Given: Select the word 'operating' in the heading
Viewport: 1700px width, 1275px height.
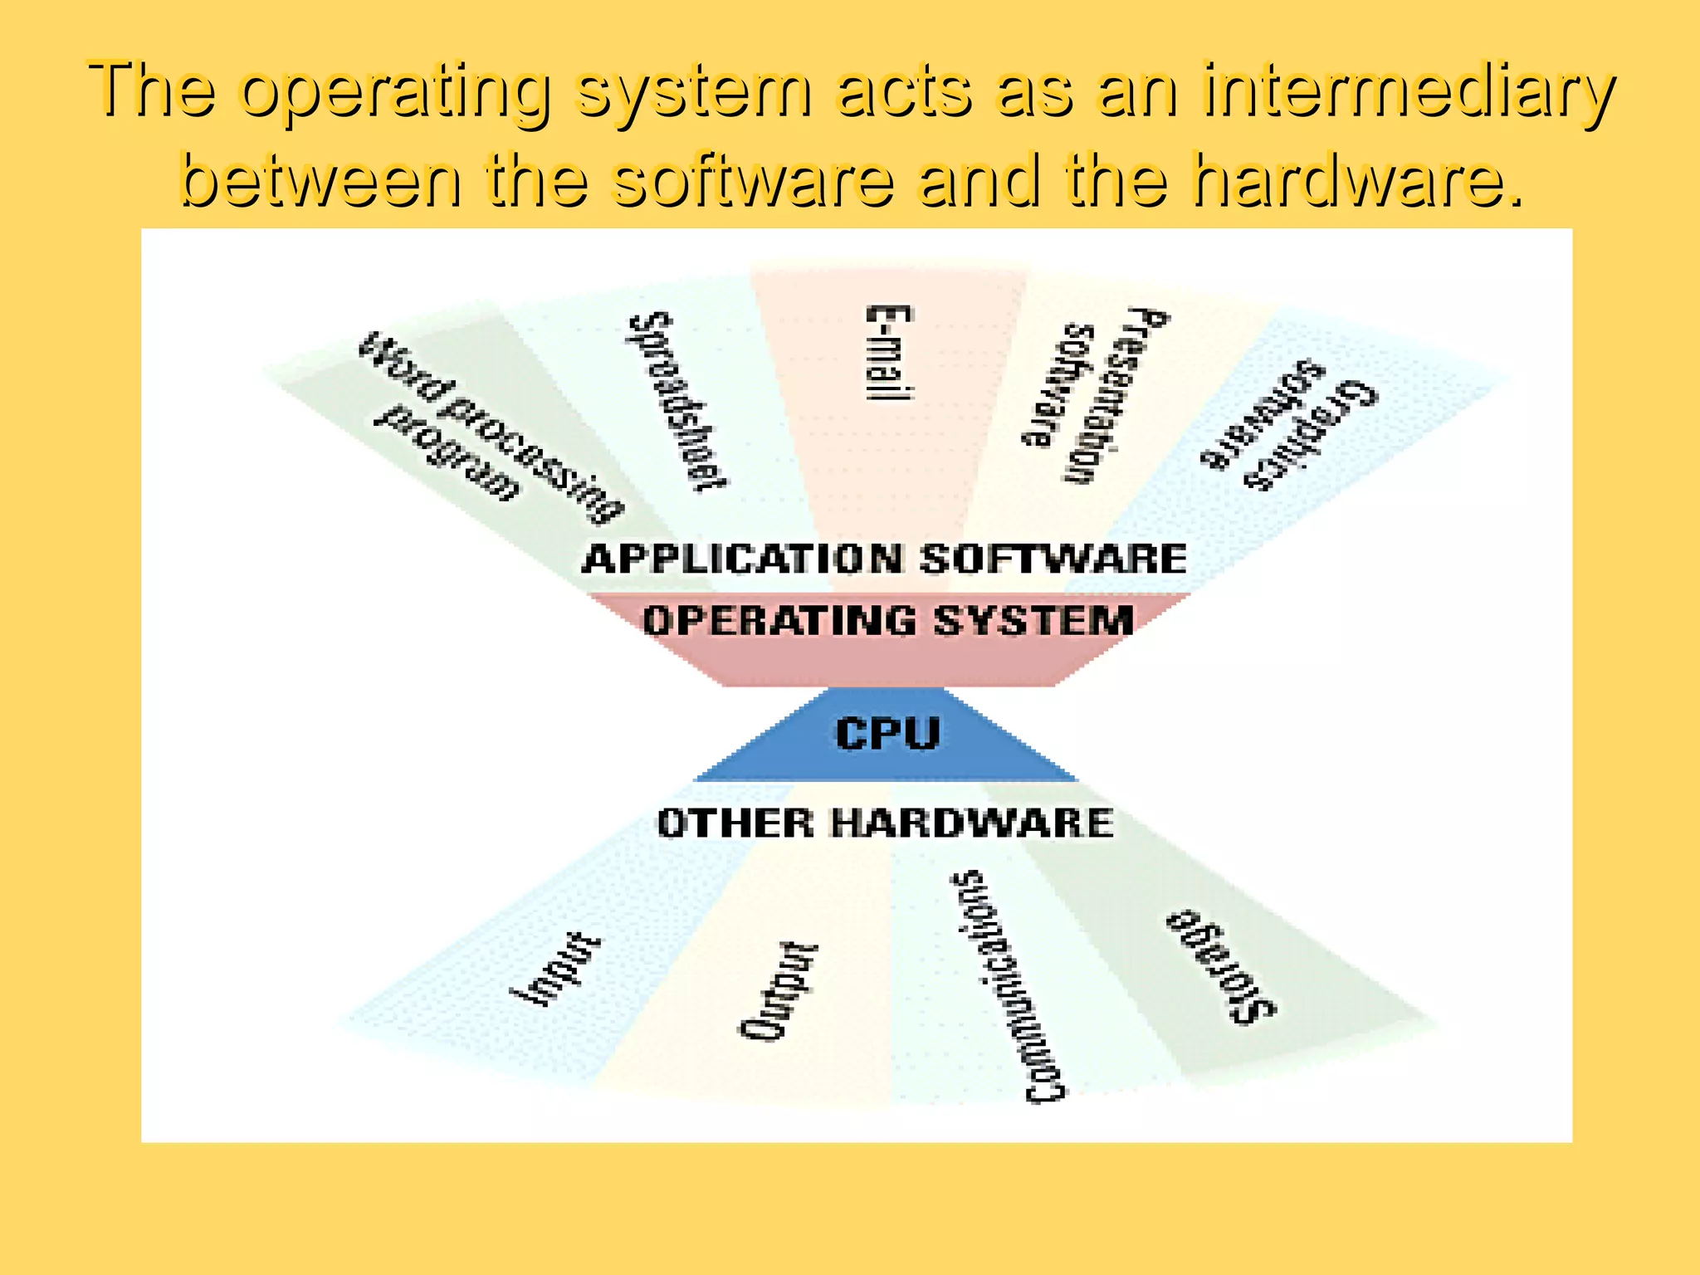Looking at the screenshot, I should [x=396, y=91].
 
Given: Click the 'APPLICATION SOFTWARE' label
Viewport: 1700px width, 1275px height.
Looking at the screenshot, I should [x=885, y=559].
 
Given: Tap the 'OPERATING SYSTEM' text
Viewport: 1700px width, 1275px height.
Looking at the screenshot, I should [x=888, y=621].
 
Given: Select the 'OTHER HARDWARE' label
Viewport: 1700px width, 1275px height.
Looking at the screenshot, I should [x=885, y=823].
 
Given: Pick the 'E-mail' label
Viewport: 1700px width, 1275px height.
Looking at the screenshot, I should [x=889, y=353].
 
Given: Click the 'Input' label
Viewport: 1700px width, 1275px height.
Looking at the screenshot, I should [x=554, y=970].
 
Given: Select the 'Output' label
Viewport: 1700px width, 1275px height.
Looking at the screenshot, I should [x=778, y=991].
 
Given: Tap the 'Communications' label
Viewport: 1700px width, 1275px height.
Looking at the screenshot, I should [x=1009, y=988].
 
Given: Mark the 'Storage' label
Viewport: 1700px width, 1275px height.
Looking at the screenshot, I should [x=1220, y=967].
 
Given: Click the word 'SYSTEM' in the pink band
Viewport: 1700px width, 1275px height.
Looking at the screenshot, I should [x=1033, y=621].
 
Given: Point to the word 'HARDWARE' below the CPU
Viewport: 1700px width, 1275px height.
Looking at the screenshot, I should [x=972, y=823].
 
